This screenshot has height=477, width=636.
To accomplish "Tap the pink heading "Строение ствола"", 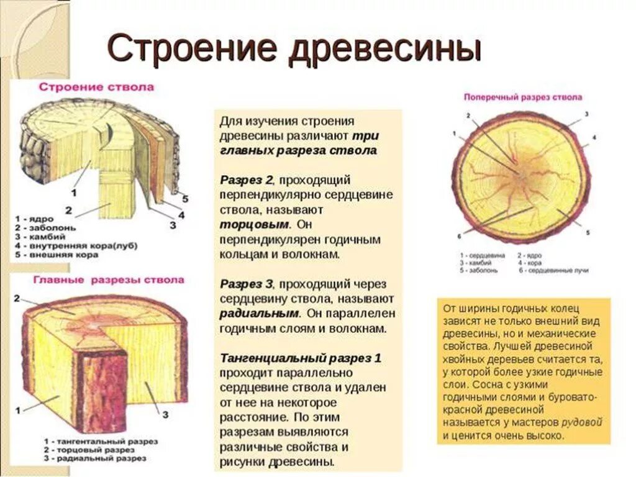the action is tap(96, 88).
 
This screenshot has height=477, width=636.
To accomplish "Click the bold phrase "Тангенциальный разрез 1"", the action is tap(301, 358).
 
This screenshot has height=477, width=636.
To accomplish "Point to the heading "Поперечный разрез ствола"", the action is tap(523, 98).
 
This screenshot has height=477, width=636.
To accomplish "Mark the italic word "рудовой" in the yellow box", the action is tap(582, 422).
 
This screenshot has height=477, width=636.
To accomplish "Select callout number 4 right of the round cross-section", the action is tap(594, 137).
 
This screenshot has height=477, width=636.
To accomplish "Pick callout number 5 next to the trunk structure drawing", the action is tap(184, 199).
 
